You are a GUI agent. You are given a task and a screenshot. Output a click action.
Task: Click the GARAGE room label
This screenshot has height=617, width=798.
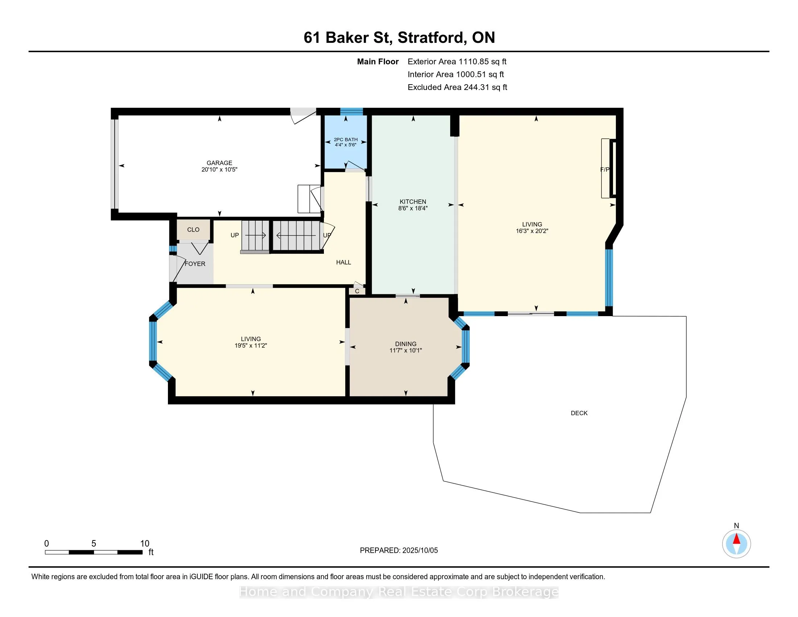219,163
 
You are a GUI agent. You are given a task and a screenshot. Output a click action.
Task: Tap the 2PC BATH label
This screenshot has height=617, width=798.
346,140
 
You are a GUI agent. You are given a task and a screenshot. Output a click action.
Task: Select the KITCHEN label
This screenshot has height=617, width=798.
413,201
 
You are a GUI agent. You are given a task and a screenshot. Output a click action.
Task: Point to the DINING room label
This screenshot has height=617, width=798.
406,344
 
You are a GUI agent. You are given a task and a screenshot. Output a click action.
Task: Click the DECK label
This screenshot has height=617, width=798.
579,413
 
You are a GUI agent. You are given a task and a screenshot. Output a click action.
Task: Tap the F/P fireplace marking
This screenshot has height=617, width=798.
605,169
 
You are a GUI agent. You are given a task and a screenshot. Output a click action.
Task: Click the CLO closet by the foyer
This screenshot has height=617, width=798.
193,229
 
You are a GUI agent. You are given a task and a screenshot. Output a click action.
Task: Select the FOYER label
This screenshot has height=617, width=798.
195,263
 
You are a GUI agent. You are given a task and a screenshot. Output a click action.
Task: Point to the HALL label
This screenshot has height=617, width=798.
344,262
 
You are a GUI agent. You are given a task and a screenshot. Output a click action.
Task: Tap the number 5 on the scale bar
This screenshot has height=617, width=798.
94,544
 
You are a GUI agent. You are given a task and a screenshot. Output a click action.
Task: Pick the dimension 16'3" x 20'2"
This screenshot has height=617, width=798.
532,231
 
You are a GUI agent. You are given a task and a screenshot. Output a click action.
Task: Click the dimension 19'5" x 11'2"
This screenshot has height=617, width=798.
251,346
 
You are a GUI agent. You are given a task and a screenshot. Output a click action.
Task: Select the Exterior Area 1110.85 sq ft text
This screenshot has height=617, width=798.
457,62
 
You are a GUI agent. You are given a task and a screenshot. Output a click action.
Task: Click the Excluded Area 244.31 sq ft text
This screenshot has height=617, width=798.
457,87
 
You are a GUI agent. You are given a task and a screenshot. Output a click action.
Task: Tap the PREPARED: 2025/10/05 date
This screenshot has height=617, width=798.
399,551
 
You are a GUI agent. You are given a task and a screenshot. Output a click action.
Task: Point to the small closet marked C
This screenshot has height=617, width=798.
357,291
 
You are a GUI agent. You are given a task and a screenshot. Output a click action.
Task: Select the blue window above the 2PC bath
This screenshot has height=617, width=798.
351,111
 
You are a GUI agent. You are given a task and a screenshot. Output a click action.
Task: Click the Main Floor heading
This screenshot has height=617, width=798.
378,62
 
